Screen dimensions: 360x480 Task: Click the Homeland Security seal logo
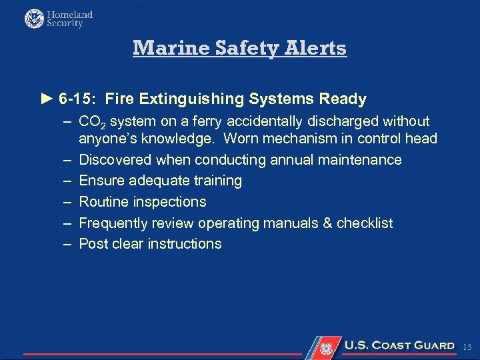[34, 19]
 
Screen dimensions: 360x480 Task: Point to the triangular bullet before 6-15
[46, 99]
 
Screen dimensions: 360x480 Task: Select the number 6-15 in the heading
[75, 99]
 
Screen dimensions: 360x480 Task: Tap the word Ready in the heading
[343, 99]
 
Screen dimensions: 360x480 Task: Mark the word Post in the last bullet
[93, 244]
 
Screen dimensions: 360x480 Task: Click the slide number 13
[467, 347]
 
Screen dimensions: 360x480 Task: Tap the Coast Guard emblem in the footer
[326, 347]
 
